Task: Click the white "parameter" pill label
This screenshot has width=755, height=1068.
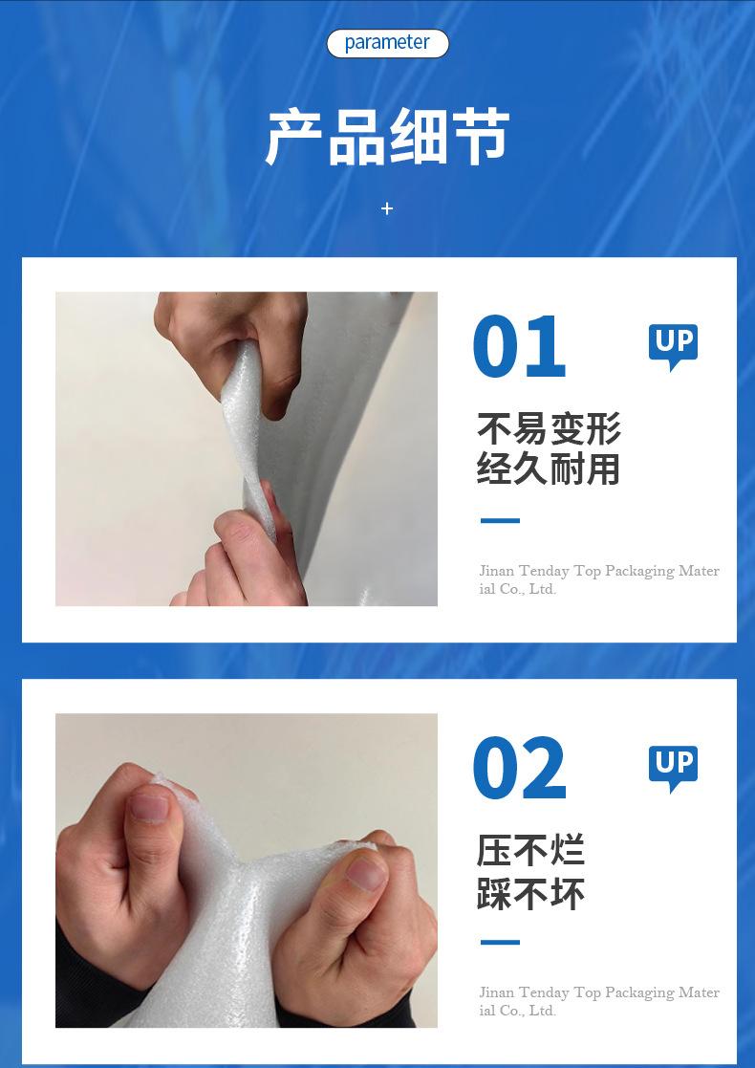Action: (x=387, y=44)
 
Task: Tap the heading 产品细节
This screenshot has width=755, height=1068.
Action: (x=387, y=137)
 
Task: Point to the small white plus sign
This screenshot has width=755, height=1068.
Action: (x=387, y=208)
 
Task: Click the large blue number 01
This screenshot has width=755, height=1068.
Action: (x=520, y=346)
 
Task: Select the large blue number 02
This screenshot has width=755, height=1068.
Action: (x=520, y=768)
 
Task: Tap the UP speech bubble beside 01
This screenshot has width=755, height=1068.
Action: (x=674, y=345)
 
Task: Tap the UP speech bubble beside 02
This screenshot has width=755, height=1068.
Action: (x=674, y=767)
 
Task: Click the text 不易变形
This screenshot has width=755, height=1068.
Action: (x=549, y=429)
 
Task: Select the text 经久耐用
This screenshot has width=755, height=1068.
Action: (x=549, y=469)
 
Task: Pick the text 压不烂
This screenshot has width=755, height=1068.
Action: (x=531, y=851)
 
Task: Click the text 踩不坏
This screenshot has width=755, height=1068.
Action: (x=531, y=892)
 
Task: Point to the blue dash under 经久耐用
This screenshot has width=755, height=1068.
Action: (x=501, y=520)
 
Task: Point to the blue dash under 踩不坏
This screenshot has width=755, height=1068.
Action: (x=501, y=943)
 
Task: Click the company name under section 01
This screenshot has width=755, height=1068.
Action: (x=599, y=579)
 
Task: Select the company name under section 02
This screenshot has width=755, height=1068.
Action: (x=599, y=1001)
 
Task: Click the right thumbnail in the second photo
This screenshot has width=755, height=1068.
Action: (x=367, y=873)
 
